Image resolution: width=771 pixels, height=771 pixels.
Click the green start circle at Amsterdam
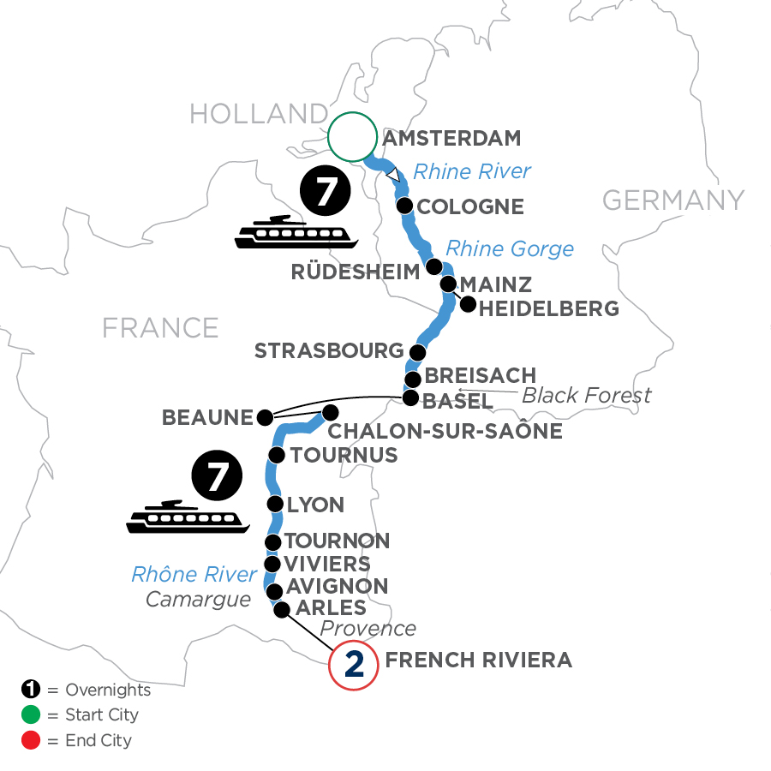[353, 137]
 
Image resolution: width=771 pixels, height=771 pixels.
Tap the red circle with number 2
[353, 665]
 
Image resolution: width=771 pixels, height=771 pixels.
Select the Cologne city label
[469, 206]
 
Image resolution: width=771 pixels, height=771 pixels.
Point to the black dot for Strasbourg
[417, 352]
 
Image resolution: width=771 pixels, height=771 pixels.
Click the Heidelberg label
[549, 308]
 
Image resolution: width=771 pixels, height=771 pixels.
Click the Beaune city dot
[265, 418]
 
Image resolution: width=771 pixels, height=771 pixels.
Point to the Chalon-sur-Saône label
[444, 431]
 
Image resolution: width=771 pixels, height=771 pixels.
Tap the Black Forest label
[586, 395]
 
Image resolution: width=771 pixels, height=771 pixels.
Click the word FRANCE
[160, 327]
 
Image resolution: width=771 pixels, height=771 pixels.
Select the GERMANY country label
[673, 200]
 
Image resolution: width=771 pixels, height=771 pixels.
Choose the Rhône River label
[194, 574]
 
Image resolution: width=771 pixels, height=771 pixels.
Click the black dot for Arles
[281, 608]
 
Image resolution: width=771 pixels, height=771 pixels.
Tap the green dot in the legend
[29, 714]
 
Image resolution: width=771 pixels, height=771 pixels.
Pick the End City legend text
[99, 739]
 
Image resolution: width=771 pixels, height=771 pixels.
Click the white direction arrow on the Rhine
[393, 175]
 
